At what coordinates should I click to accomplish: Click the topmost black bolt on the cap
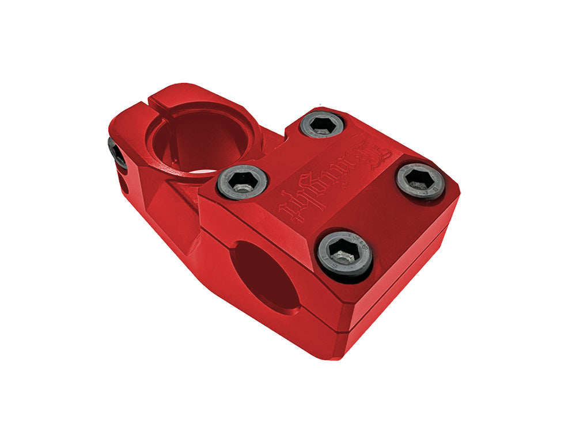click(x=323, y=124)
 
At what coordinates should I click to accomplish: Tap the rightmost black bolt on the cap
click(x=420, y=181)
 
